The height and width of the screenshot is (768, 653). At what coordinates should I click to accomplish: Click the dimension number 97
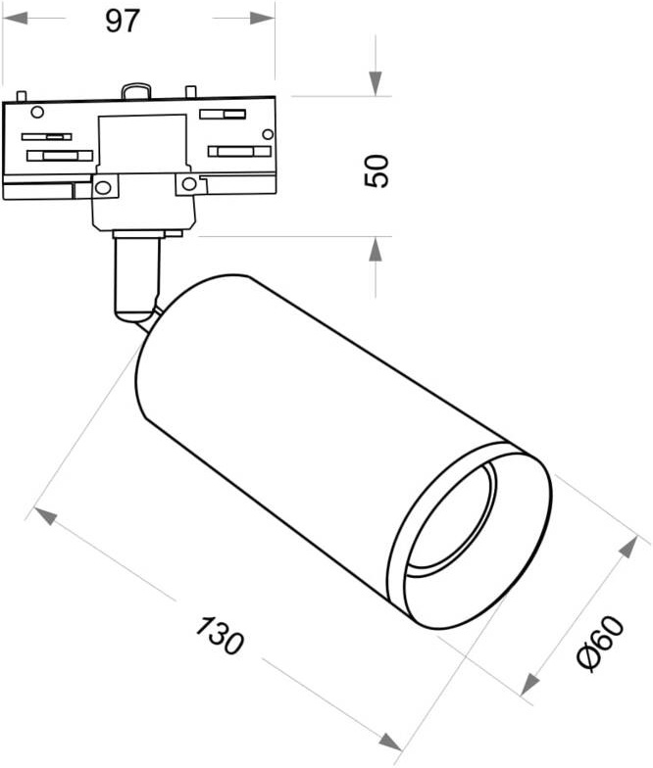click(x=123, y=22)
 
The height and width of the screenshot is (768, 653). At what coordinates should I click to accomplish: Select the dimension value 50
click(x=377, y=170)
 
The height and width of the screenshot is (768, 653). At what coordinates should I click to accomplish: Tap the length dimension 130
click(x=220, y=635)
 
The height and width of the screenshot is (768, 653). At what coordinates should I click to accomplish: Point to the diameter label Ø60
click(x=601, y=643)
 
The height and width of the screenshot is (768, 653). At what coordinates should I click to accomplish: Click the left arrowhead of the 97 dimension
click(x=15, y=19)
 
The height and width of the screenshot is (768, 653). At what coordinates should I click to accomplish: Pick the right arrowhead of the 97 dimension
click(x=263, y=19)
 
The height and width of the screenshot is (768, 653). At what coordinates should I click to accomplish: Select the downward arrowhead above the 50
click(x=376, y=83)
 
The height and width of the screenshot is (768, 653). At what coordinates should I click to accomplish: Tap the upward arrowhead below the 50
click(x=376, y=249)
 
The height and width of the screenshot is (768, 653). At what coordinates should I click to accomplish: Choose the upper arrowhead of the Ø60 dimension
click(x=628, y=547)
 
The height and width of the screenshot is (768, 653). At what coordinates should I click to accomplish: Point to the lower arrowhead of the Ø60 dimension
click(x=529, y=684)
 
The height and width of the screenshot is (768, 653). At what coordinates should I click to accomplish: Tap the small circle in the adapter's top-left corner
click(x=37, y=112)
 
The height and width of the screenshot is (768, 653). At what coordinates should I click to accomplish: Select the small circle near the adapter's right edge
click(x=268, y=133)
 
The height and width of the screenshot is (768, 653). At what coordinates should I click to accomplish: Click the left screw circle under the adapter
click(x=103, y=186)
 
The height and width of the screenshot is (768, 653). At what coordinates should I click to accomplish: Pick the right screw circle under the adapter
click(x=188, y=184)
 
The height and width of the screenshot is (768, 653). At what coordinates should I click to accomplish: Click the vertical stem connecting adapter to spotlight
click(x=137, y=279)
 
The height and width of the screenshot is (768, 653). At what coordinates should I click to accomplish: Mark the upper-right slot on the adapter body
click(x=223, y=115)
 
